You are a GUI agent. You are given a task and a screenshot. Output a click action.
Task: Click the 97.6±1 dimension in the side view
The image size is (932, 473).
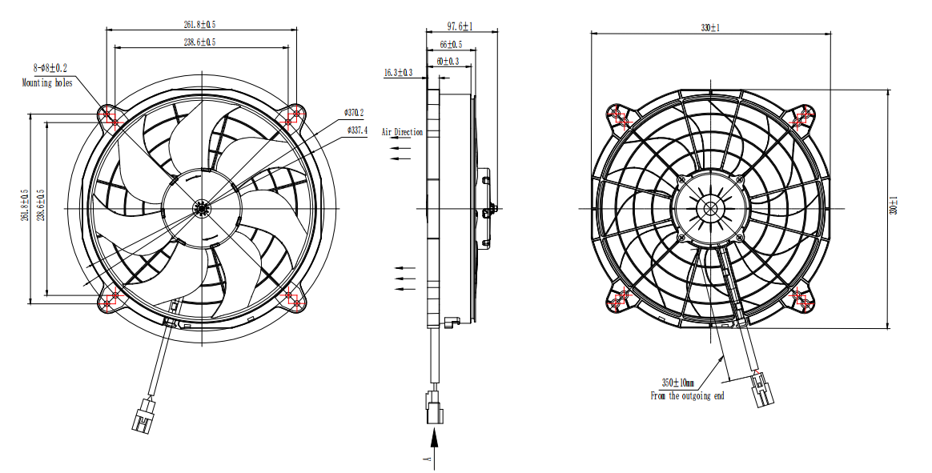(460, 26)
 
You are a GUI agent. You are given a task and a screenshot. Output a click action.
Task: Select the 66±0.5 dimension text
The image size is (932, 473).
(451, 45)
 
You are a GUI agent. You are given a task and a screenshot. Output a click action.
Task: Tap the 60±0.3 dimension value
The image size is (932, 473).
(448, 61)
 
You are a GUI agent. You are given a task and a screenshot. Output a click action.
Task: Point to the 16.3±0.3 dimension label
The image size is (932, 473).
(398, 73)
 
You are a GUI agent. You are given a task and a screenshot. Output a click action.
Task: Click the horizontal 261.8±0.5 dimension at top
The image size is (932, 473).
(199, 25)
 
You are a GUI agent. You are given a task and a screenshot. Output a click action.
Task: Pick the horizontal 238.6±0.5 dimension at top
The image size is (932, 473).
(199, 42)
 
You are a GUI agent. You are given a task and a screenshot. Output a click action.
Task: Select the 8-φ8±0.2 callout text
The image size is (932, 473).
(50, 69)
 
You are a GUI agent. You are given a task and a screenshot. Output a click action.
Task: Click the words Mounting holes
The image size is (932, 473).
(47, 82)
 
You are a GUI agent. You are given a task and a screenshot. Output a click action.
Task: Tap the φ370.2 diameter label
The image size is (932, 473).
(354, 112)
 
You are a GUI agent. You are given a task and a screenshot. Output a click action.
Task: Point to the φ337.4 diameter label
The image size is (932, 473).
(356, 130)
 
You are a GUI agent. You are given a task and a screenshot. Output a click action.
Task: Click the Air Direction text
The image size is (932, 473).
(402, 132)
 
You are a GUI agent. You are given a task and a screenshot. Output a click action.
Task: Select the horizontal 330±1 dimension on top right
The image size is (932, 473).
(710, 28)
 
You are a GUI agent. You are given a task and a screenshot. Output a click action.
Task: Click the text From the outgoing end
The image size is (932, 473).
(687, 395)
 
